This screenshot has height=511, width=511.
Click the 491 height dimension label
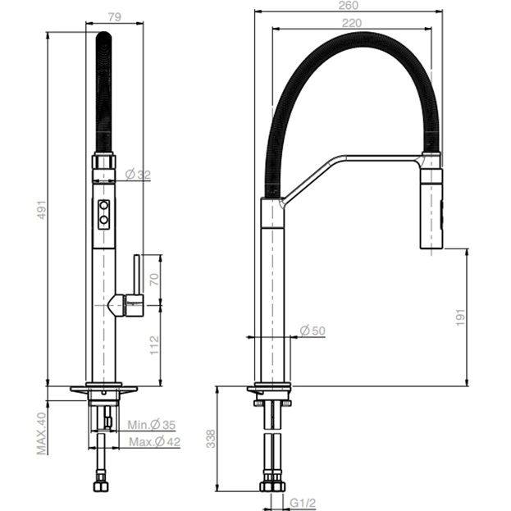[x=42, y=209]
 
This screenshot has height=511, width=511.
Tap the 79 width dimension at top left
[x=115, y=17]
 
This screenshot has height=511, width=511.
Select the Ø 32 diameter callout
[x=138, y=175]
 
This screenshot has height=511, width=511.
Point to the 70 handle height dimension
[x=154, y=280]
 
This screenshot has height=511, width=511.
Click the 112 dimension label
[x=154, y=345]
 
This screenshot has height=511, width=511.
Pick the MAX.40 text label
[x=42, y=433]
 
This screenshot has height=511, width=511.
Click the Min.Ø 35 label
[x=152, y=425]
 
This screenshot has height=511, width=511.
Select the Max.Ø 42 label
[x=154, y=442]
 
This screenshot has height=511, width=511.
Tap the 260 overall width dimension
[x=349, y=6]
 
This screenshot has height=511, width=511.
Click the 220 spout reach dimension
[x=352, y=23]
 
